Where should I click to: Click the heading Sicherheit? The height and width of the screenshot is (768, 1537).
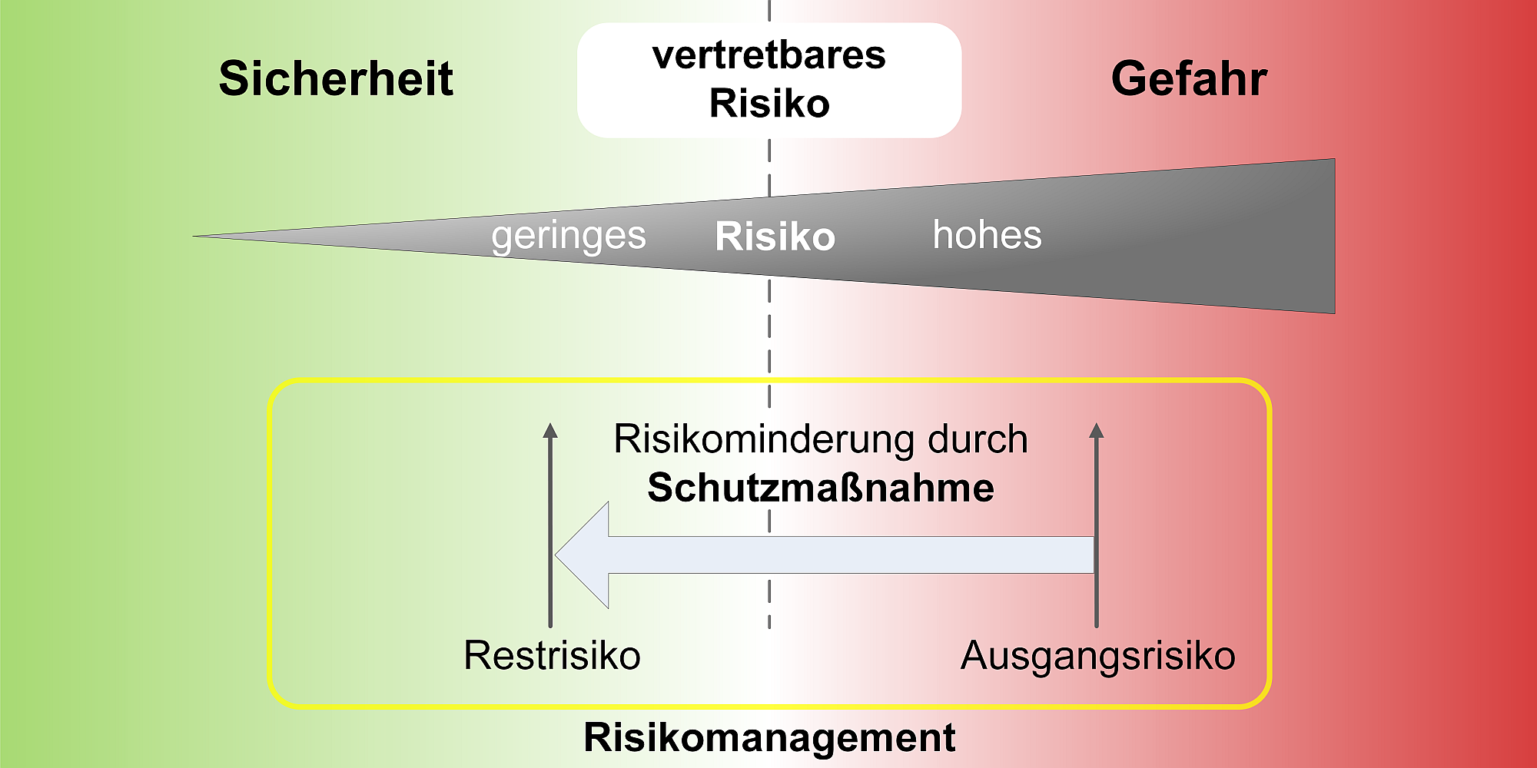336,78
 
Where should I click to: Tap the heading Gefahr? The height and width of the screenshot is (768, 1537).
1189,78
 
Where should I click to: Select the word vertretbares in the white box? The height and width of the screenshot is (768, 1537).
769,55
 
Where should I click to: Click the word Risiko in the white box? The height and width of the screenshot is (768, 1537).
769,104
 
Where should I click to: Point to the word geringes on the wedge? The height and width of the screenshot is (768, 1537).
569,237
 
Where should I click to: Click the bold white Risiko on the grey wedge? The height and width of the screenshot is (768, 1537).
775,237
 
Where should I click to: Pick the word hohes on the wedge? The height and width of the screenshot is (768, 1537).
987,234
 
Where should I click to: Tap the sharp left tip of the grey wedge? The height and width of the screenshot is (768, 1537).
194,236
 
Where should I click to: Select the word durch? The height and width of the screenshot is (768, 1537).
978,439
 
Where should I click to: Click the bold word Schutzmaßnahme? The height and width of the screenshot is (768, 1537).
821,488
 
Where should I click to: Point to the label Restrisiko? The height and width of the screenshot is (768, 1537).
552,656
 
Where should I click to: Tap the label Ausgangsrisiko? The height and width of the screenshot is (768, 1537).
1097,657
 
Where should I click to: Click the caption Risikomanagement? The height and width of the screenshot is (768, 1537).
769,737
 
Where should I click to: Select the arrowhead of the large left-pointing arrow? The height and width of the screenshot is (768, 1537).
583,554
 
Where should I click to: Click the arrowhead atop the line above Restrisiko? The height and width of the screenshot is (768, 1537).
550,430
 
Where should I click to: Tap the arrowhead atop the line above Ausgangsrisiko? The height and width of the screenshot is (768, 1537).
1097,430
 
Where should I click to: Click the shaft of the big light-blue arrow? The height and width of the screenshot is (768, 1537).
851,554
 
